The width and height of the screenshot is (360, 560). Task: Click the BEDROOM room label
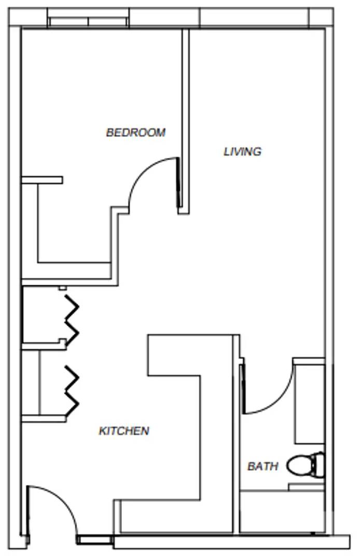pyautogui.click(x=135, y=132)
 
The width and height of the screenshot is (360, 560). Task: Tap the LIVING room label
pyautogui.click(x=242, y=151)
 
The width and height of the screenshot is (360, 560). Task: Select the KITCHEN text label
pyautogui.click(x=124, y=430)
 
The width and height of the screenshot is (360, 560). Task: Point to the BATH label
pyautogui.click(x=262, y=466)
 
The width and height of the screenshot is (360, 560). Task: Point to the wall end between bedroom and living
pyautogui.click(x=184, y=211)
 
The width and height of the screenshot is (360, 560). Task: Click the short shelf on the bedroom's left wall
pyautogui.click(x=42, y=180)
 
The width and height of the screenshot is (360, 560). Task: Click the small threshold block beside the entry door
pyautogui.click(x=95, y=540)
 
